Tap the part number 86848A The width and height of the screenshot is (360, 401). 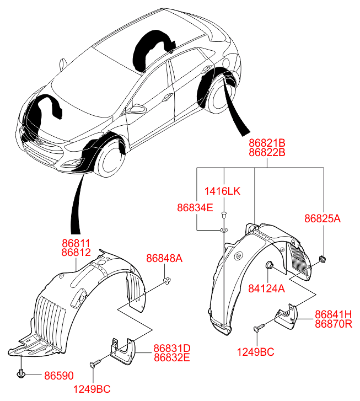[x=164, y=258]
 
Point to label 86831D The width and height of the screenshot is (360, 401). [x=171, y=348]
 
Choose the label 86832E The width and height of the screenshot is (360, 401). [x=171, y=357]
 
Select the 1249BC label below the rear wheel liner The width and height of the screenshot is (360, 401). [x=255, y=351]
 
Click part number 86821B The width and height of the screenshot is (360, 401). [x=267, y=142]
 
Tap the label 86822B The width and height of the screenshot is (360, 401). [x=267, y=152]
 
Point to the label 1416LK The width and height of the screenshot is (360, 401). [x=223, y=191]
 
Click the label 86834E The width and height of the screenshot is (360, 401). [x=195, y=208]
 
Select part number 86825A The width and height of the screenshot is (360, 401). [x=323, y=218]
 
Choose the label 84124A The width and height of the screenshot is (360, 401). [x=266, y=288]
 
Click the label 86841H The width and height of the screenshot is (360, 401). [x=333, y=314]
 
